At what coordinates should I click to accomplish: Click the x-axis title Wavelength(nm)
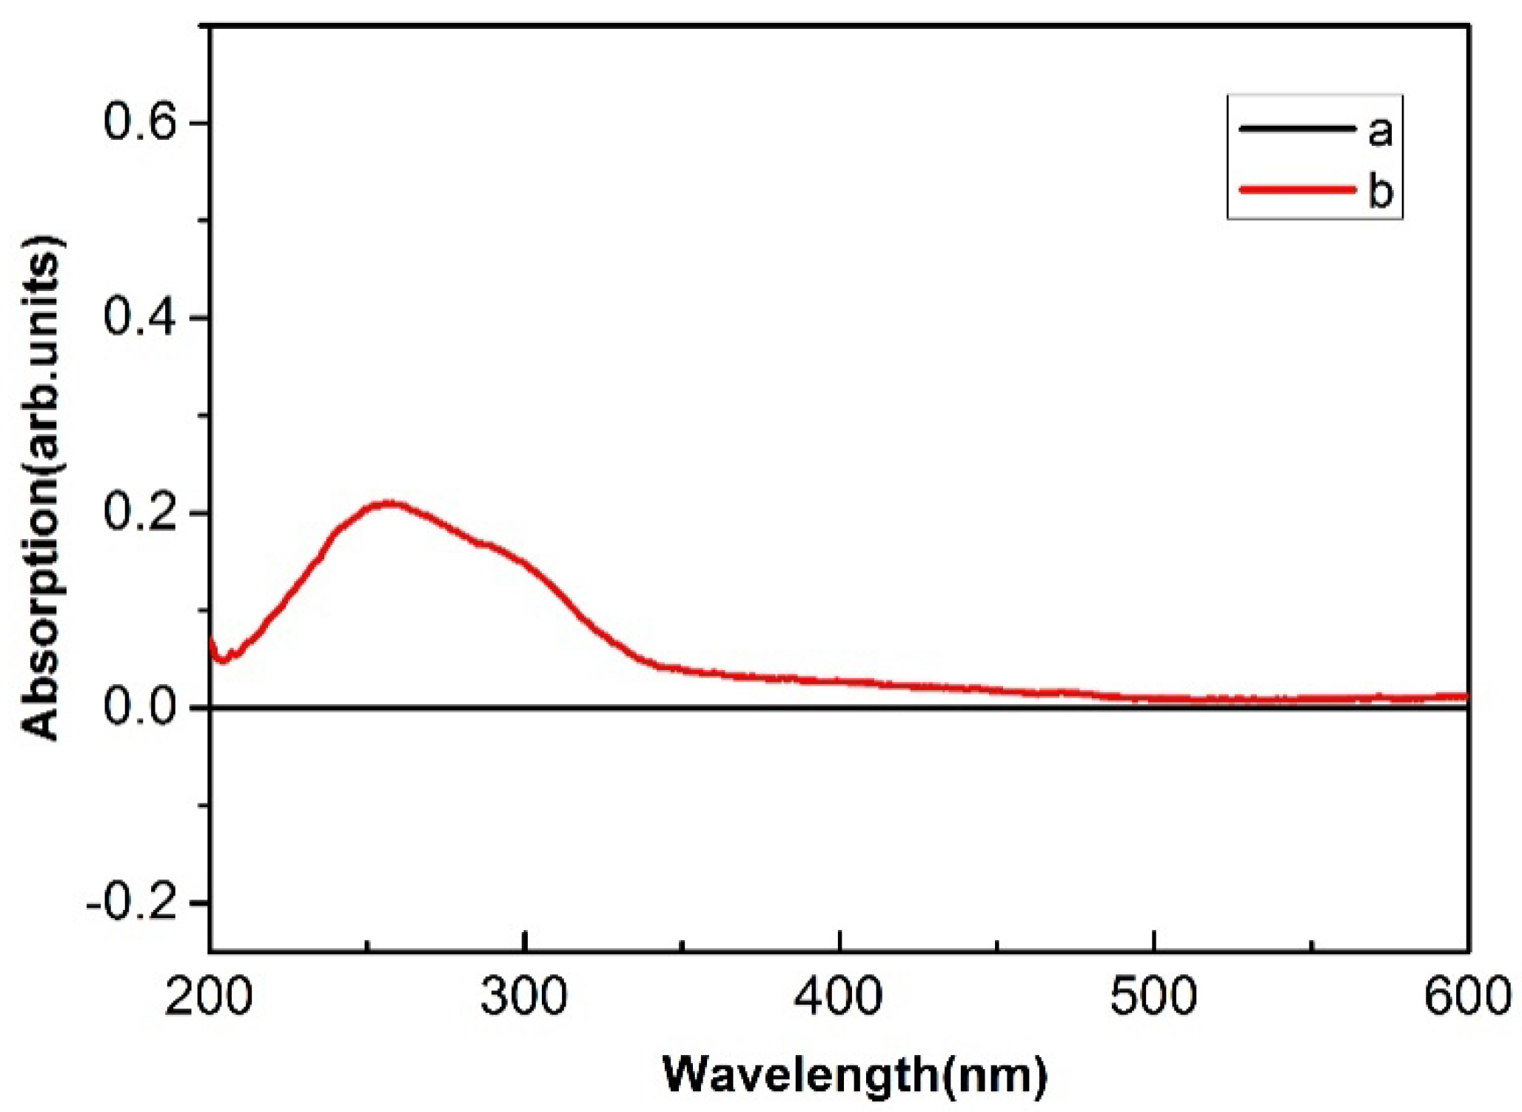pos(855,1074)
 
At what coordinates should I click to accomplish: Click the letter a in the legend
pos(1380,131)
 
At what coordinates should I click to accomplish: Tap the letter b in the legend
pos(1381,190)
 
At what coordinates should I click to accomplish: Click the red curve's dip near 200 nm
pos(221,659)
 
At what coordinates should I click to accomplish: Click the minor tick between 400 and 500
pos(997,945)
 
